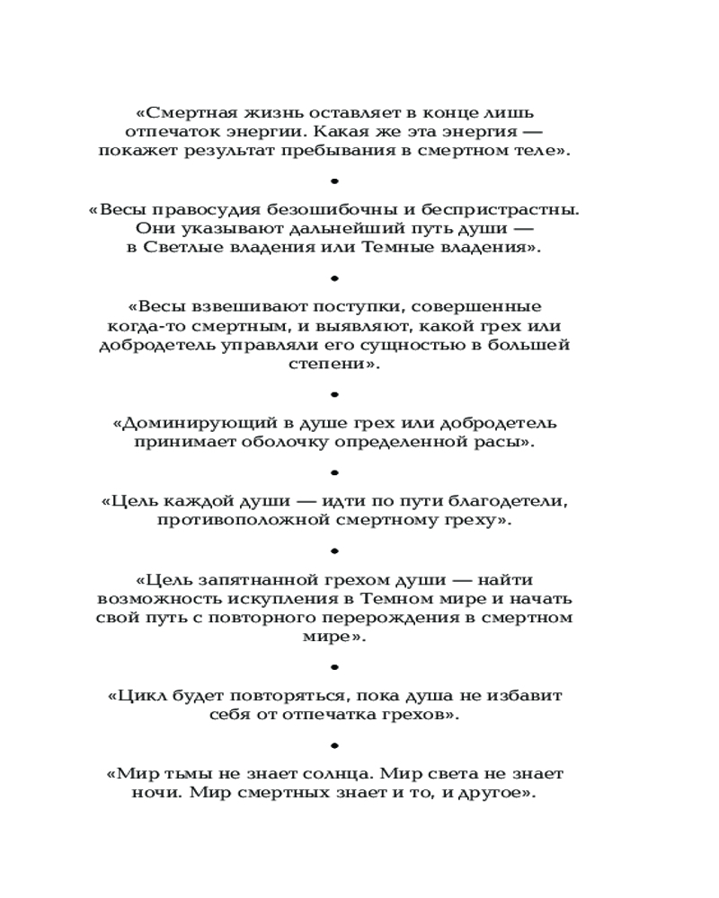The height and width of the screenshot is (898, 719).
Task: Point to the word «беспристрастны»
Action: (x=510, y=209)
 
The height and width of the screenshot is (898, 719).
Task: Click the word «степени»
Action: (x=324, y=365)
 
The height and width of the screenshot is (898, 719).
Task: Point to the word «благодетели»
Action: (x=513, y=501)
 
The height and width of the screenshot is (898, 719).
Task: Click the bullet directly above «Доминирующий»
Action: (x=334, y=394)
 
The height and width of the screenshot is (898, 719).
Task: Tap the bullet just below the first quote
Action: (x=334, y=180)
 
